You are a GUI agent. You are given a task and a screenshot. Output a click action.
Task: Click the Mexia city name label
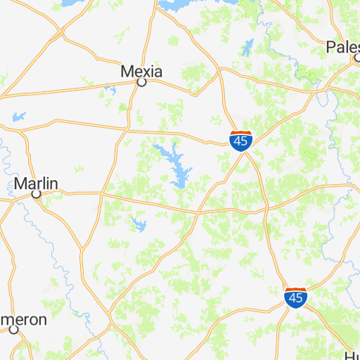[x=141, y=71]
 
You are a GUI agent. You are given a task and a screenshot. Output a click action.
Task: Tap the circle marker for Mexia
[x=141, y=82]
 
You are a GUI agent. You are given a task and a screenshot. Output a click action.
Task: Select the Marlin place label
[x=35, y=184]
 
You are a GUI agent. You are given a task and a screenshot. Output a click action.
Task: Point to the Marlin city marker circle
[x=37, y=194]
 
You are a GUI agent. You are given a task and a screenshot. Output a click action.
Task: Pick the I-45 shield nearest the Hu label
[x=295, y=298]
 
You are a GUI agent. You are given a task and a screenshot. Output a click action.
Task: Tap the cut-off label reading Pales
[x=342, y=47]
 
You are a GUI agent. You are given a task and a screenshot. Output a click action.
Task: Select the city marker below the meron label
[x=13, y=329]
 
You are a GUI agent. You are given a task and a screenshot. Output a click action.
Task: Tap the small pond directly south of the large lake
[x=139, y=226]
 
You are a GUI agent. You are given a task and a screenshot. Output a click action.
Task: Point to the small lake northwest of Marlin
[x=18, y=116]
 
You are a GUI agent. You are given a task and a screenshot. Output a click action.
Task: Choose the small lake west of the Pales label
[x=247, y=47]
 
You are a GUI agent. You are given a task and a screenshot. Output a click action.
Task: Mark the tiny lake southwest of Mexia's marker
[x=110, y=89]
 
